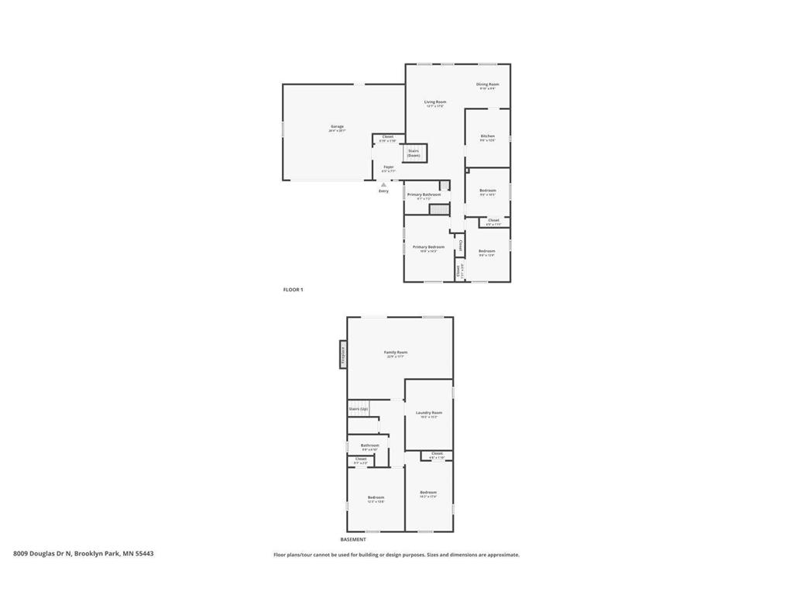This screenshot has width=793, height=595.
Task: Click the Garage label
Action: pos(337,126)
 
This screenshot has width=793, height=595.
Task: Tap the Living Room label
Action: pos(434,102)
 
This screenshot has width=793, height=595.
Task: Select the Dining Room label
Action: pos(487,84)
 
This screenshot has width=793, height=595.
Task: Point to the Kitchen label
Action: pos(487,136)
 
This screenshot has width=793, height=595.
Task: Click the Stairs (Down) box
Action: pos(414,153)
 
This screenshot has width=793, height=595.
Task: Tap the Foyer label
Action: pos(388,167)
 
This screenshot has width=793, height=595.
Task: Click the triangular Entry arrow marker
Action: pos(383,184)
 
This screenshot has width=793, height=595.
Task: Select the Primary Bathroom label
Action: pos(424,194)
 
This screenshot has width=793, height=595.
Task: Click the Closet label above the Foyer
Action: pos(388,137)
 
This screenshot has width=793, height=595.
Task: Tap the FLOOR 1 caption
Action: pos(293,290)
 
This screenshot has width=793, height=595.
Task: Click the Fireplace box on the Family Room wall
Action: pos(343,355)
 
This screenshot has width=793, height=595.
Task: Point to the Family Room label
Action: pos(396,353)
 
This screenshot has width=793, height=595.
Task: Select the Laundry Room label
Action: pos(428,413)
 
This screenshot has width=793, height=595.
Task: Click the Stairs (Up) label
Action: pos(358,408)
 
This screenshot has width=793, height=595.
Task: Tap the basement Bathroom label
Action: pos(369,445)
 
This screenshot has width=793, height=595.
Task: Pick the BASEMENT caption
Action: pos(352,539)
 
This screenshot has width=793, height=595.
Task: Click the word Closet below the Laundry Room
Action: pos(437,453)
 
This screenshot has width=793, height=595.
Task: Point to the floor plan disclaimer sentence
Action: pos(396,555)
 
